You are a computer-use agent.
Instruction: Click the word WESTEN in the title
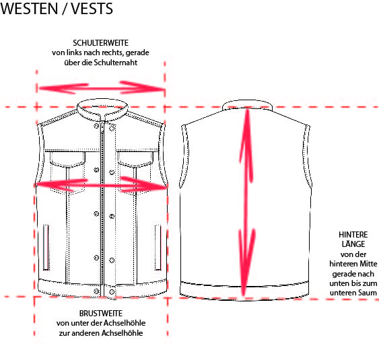pos(29,9)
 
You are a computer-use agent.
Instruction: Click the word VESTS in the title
pos(92,9)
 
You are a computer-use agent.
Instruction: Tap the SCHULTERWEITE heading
pos(100,43)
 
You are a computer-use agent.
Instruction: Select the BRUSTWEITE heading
pos(101,314)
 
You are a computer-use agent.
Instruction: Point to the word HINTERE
pos(353,235)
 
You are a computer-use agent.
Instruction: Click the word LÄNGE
pos(353,244)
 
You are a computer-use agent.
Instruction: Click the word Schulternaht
pos(116,63)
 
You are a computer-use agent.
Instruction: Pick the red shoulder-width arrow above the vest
pos(102,88)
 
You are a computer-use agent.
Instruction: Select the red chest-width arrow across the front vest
pos(102,185)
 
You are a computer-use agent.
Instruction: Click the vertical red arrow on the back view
pos(246,203)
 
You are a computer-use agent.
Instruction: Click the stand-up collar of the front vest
pos(102,109)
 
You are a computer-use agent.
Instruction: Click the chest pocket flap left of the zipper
pos(68,159)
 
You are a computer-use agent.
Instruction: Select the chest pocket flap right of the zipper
pos(135,159)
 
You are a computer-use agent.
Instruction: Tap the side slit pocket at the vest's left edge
pos(46,248)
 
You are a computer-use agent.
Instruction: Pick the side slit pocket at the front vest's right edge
pos(158,248)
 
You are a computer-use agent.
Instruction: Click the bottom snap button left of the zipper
pos(96,291)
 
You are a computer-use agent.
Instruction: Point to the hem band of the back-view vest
pos(244,291)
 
